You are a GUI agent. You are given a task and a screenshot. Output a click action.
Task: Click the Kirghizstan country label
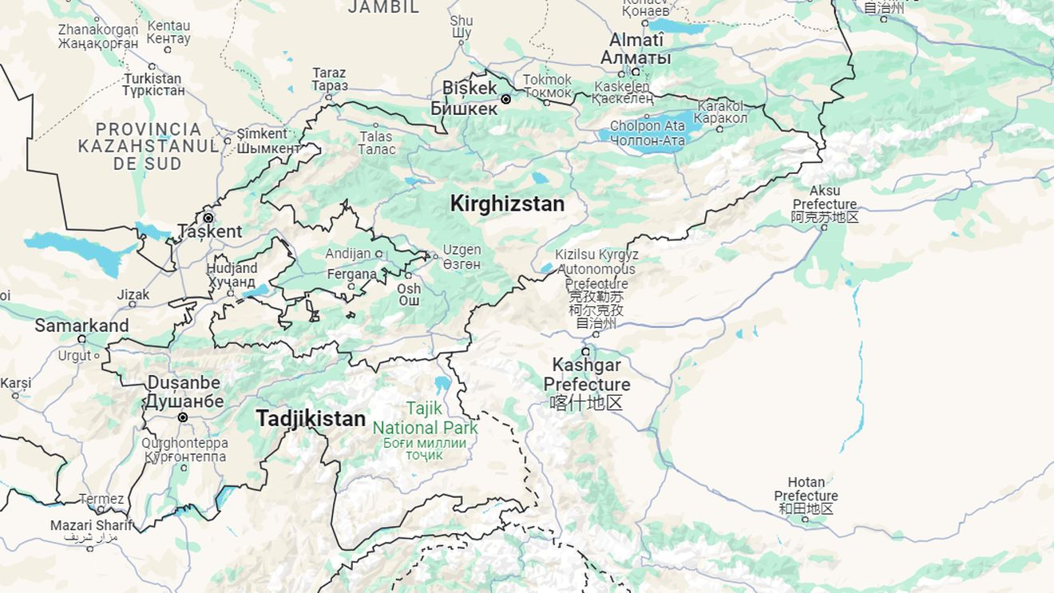[x=507, y=204]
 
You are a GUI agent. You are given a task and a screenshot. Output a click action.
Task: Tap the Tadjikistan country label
[x=311, y=418]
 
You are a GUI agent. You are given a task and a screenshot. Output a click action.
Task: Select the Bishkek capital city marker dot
[x=505, y=100]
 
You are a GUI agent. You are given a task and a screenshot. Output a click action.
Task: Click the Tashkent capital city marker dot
[x=208, y=218]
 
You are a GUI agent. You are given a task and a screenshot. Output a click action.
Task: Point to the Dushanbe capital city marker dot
[x=183, y=417]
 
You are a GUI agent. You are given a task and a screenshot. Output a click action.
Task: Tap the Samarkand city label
[x=81, y=326]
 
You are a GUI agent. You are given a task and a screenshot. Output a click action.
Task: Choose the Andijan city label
[x=348, y=254]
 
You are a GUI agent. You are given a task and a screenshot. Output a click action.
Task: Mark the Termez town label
[x=101, y=500]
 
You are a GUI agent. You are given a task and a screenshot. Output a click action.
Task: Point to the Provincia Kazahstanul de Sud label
[x=149, y=146]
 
